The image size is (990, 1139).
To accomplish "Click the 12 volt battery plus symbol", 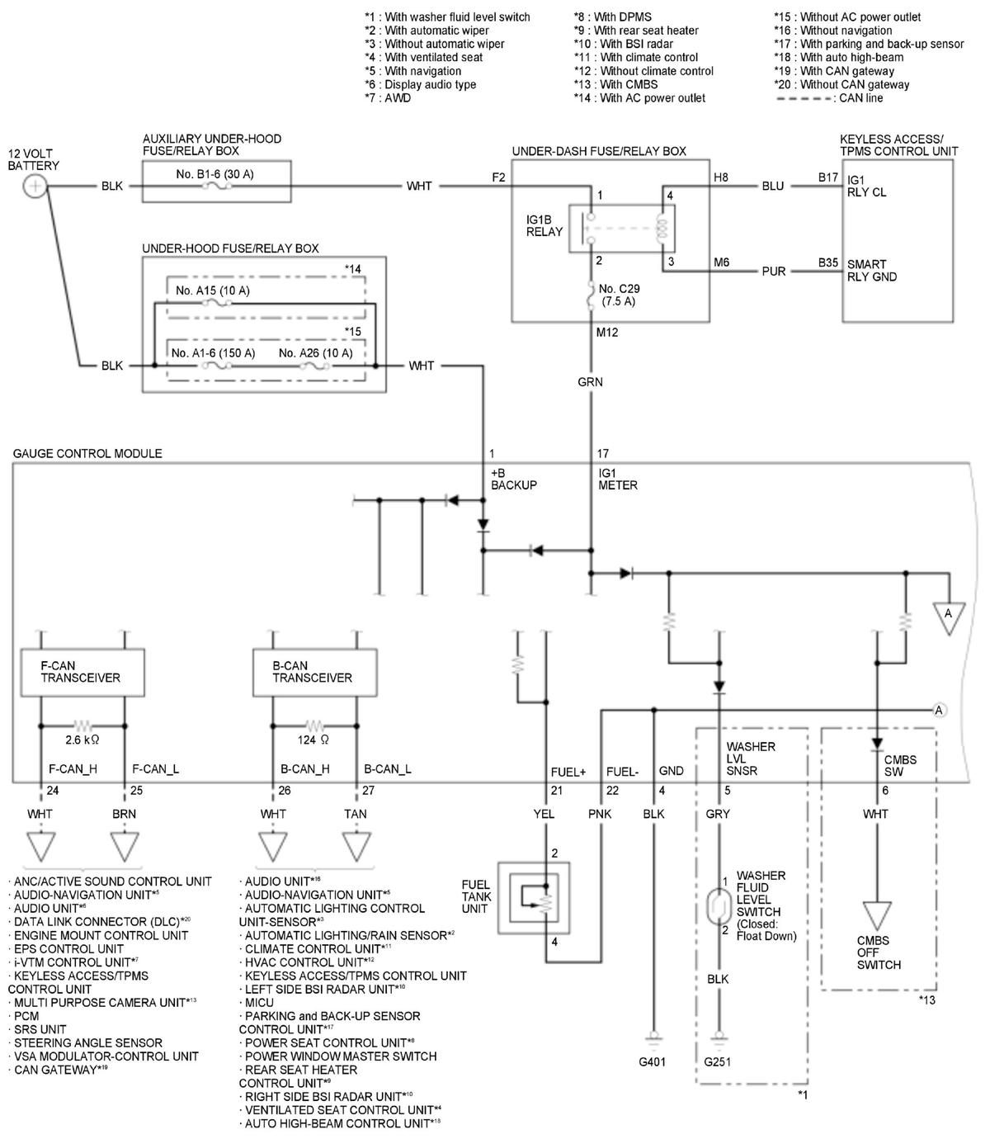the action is tap(35, 186).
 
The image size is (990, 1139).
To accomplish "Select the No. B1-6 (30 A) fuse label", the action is tap(214, 174).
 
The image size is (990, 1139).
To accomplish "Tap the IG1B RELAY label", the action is tap(544, 225).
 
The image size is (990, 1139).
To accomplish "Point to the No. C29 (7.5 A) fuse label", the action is tap(619, 295).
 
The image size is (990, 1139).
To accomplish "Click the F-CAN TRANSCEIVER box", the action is tap(82, 672).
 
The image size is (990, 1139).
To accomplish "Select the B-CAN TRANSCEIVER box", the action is tap(314, 672).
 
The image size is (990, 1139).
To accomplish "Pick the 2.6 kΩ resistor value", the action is tap(82, 740).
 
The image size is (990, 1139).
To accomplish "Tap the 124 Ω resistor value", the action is tap(313, 740).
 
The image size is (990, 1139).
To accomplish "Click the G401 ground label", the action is tap(653, 1061).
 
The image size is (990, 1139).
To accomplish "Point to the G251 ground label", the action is tap(717, 1061).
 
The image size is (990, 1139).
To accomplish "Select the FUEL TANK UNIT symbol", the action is tap(533, 898).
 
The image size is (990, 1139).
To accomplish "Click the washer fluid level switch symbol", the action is tap(719, 905).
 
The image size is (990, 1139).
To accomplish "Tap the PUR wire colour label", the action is tap(774, 272).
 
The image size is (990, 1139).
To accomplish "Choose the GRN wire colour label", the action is tap(590, 382).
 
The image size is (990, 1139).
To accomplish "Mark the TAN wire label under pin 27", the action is tap(355, 814).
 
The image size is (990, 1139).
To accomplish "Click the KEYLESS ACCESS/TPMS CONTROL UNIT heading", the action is tap(898, 144).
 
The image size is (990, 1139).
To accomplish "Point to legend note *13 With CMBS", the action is tap(615, 85).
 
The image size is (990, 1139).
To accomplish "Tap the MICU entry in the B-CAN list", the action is tap(257, 1003).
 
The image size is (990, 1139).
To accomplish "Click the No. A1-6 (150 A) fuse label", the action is tap(213, 353).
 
